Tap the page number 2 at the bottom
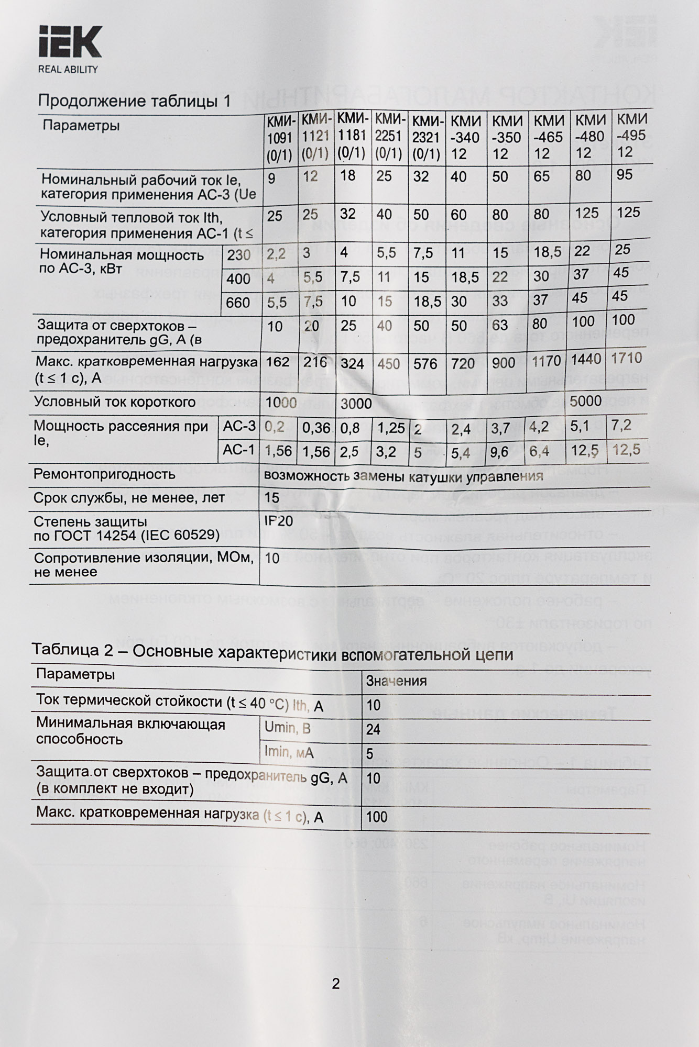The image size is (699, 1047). pyautogui.click(x=336, y=984)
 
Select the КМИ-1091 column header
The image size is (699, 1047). pyautogui.click(x=280, y=137)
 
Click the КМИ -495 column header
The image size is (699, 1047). pyautogui.click(x=631, y=135)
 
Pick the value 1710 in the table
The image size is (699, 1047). pyautogui.click(x=626, y=358)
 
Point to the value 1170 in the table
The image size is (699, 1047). pyautogui.click(x=546, y=361)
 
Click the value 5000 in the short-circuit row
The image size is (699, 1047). pyautogui.click(x=586, y=402)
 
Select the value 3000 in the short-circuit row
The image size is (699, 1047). pyautogui.click(x=356, y=404)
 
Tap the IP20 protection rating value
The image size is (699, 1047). pyautogui.click(x=279, y=521)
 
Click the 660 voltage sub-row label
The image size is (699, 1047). pyautogui.click(x=238, y=302)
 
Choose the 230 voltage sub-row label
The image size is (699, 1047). pyautogui.click(x=238, y=255)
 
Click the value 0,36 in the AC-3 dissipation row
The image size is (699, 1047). pyautogui.click(x=316, y=428)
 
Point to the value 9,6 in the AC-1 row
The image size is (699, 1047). pyautogui.click(x=500, y=452)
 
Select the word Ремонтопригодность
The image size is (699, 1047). pyautogui.click(x=104, y=474)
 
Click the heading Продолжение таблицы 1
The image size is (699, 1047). pyautogui.click(x=134, y=101)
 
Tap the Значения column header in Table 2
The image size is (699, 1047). pyautogui.click(x=396, y=681)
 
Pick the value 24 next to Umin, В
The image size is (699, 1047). pyautogui.click(x=373, y=729)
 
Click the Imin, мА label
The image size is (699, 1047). pyautogui.click(x=289, y=752)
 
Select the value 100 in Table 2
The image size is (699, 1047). pyautogui.click(x=377, y=817)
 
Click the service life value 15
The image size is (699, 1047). pyautogui.click(x=272, y=497)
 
